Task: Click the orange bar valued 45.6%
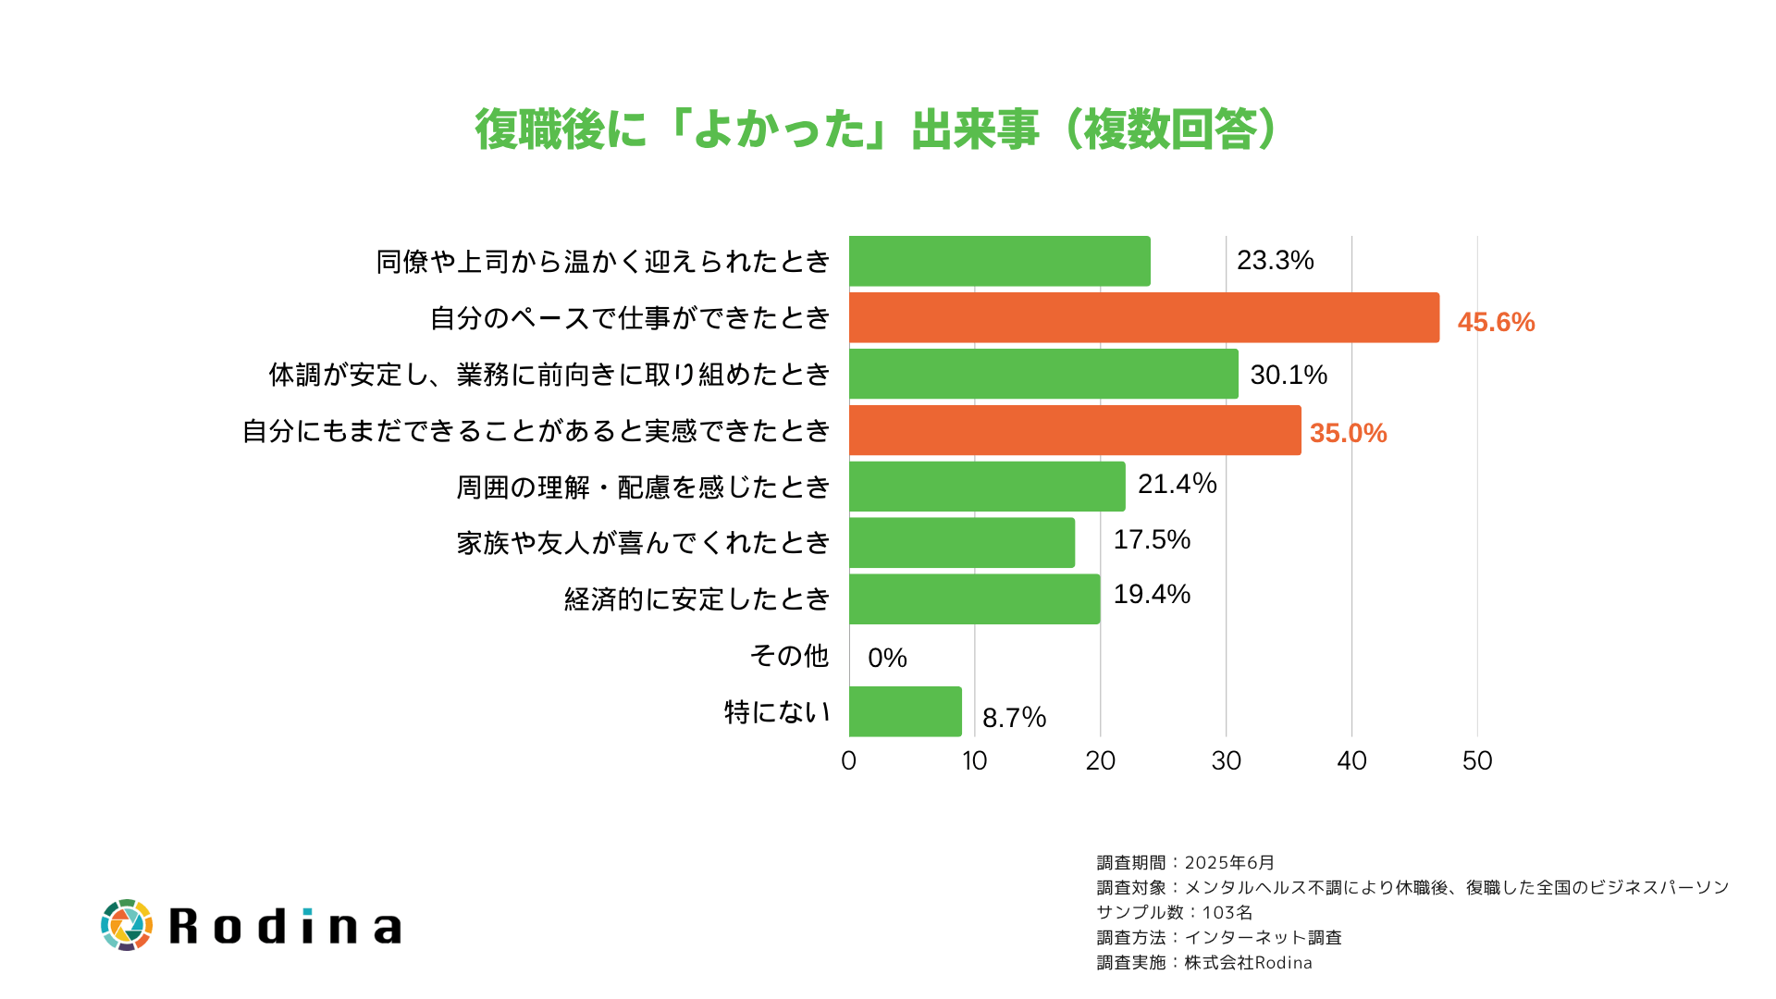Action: tap(1143, 317)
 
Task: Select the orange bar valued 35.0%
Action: tap(1075, 430)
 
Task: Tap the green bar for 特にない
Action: tap(905, 711)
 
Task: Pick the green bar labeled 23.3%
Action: tap(999, 261)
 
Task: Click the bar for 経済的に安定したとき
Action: tap(974, 598)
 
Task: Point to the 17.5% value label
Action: tap(1152, 539)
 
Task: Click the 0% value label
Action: tap(887, 658)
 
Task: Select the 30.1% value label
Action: tap(1289, 375)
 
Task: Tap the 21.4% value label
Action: tap(1177, 484)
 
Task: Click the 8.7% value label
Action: tap(1014, 718)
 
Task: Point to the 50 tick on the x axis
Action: tap(1477, 760)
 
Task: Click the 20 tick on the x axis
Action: tap(1100, 760)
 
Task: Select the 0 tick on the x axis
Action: tap(848, 760)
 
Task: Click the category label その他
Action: tap(789, 656)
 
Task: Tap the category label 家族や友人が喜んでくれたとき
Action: tap(643, 543)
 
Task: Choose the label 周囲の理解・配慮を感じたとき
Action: tap(643, 487)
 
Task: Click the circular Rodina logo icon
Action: tap(127, 924)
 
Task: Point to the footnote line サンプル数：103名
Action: tap(1174, 912)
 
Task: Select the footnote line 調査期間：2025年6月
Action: tap(1185, 862)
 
